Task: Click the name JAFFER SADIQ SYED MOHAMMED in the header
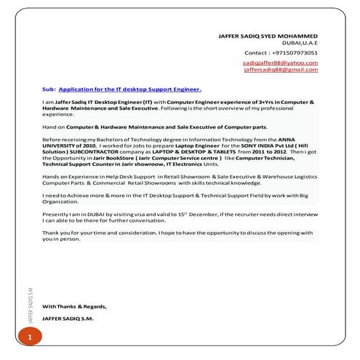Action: (268, 35)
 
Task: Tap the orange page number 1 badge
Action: (30, 338)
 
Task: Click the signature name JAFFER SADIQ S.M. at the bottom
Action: (68, 319)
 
